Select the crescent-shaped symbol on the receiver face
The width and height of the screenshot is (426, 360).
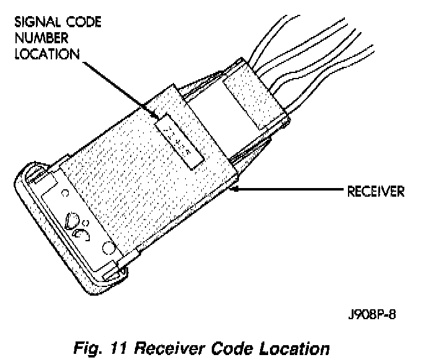[x=81, y=233]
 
